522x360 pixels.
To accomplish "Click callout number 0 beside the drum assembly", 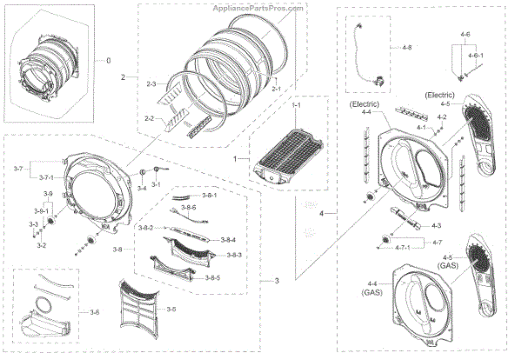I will pyautogui.click(x=109, y=61).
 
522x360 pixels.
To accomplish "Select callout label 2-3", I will pyautogui.click(x=151, y=83).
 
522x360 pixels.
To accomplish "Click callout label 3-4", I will pyautogui.click(x=142, y=188).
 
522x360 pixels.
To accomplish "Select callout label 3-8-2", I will pyautogui.click(x=146, y=228).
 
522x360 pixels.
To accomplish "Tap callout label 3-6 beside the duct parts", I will pyautogui.click(x=94, y=310).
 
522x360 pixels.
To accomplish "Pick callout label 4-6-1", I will pyautogui.click(x=475, y=55).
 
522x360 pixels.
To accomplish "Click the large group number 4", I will pyautogui.click(x=324, y=214).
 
